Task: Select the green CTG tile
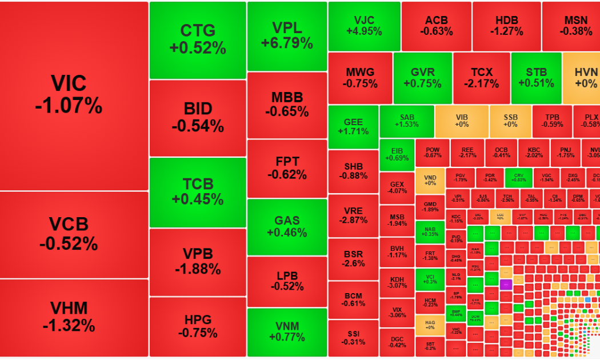pyautogui.click(x=198, y=40)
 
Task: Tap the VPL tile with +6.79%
pyautogui.click(x=287, y=36)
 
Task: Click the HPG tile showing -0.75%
pyautogui.click(x=198, y=326)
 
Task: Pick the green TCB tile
pyautogui.click(x=198, y=192)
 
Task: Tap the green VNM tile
pyautogui.click(x=287, y=332)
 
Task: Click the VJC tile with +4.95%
pyautogui.click(x=364, y=26)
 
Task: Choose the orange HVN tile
pyautogui.click(x=583, y=78)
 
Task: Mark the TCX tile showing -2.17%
pyautogui.click(x=482, y=78)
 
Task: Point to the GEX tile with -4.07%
pyautogui.click(x=397, y=188)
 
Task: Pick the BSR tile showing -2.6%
pyautogui.click(x=353, y=259)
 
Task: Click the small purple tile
pyautogui.click(x=506, y=283)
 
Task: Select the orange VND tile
pyautogui.click(x=430, y=181)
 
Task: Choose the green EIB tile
pyautogui.click(x=397, y=154)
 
